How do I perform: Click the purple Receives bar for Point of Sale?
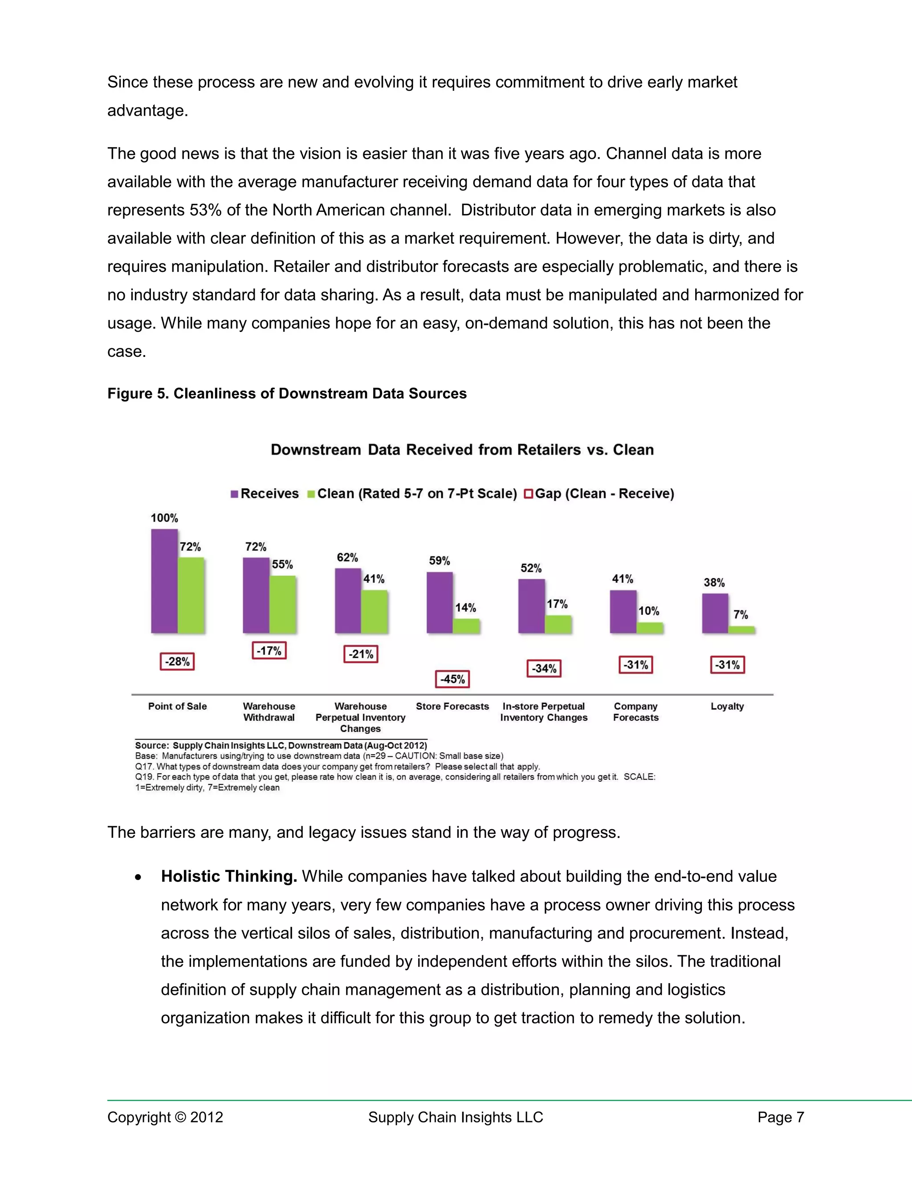click(164, 581)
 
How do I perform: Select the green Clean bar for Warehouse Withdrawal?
click(283, 604)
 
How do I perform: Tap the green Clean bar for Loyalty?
click(741, 630)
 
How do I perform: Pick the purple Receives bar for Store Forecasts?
click(440, 602)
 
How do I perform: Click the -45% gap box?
click(452, 679)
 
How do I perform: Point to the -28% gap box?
click(177, 661)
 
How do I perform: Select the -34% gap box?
click(544, 668)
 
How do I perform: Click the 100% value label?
click(164, 518)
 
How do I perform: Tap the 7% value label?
click(741, 615)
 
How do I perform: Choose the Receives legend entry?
click(265, 493)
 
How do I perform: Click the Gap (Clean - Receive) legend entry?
click(600, 493)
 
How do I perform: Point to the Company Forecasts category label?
click(636, 711)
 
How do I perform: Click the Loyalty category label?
click(727, 706)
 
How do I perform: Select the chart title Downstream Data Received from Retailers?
click(462, 450)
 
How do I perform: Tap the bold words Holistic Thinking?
click(229, 876)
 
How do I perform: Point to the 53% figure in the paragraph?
click(205, 210)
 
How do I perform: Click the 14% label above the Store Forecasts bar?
click(465, 608)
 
